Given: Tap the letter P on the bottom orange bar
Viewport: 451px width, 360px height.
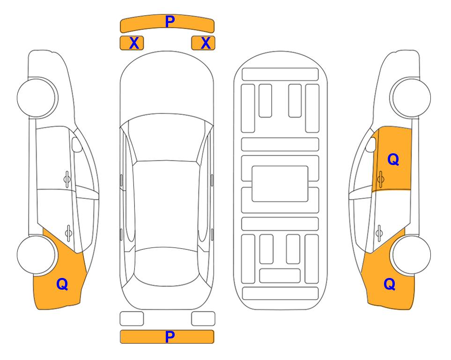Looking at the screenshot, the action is point(170,337).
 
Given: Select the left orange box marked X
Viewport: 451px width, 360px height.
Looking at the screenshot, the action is point(132,43).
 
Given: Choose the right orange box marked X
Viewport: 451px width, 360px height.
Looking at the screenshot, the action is point(203,43).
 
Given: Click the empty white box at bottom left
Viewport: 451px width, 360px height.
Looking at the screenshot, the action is point(132,319).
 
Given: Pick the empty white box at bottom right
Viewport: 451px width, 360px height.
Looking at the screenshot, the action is point(203,319).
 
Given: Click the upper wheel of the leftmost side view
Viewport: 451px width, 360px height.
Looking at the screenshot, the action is point(36,97).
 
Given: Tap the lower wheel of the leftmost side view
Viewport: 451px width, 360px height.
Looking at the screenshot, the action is point(36,255).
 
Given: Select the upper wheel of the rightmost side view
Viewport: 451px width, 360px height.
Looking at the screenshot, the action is point(412,97).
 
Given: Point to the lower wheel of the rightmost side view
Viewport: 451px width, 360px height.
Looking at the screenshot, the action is point(412,255).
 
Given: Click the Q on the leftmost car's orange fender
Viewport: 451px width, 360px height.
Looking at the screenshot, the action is point(62,285).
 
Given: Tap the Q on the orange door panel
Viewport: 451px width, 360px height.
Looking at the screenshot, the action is point(393,159).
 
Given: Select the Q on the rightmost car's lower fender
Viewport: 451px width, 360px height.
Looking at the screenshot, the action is point(390,284).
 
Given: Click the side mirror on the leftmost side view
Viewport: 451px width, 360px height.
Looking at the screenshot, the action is point(77,144).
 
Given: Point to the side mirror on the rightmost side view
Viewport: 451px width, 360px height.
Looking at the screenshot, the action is point(371,144).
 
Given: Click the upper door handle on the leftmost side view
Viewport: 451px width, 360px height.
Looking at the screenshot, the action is point(67,180).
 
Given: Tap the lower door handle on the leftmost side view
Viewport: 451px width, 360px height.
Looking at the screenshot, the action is point(68,232).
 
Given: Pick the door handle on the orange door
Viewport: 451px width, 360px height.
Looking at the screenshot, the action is point(381,180).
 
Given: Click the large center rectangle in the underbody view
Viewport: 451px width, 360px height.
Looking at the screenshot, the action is point(280,184).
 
